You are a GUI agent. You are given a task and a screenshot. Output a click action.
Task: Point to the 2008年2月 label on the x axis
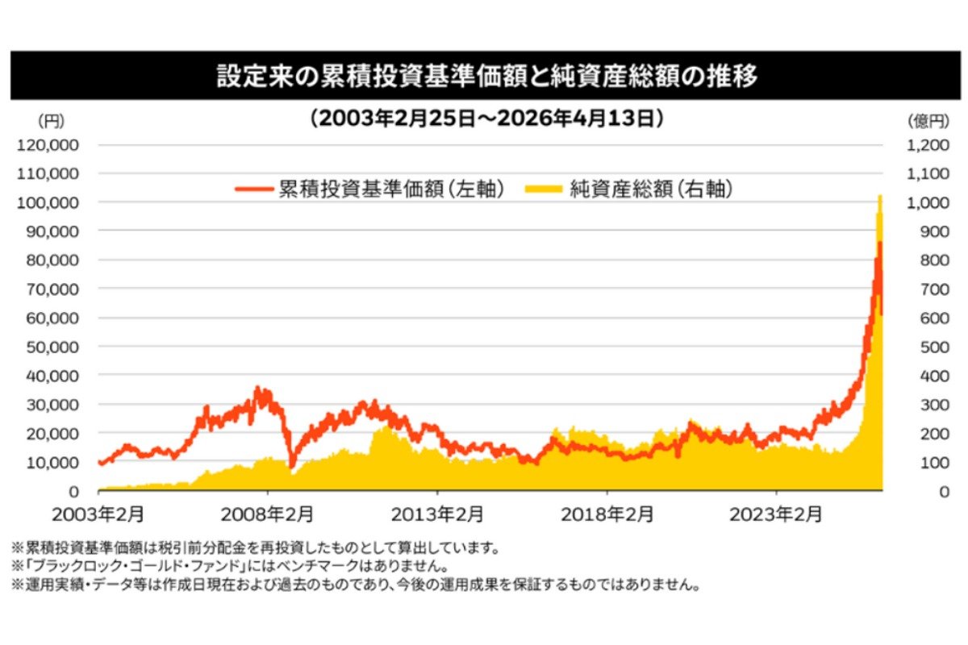click(x=268, y=514)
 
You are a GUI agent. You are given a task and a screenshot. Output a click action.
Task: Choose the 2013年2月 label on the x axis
click(x=437, y=514)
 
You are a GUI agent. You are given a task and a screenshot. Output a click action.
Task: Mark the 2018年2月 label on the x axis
click(x=607, y=514)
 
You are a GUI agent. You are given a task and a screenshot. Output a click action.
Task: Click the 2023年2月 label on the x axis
click(x=776, y=514)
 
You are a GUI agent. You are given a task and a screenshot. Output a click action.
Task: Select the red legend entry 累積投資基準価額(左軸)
click(x=371, y=189)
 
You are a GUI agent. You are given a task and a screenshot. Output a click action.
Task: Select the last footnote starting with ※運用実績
click(x=355, y=585)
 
